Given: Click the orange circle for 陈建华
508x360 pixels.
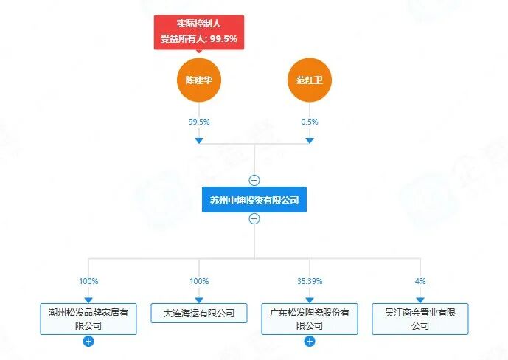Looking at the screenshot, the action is click(x=199, y=80).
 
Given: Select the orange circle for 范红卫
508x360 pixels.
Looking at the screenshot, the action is click(x=310, y=80).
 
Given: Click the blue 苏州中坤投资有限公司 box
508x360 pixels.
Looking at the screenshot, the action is click(x=254, y=199).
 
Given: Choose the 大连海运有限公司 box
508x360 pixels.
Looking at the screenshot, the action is click(x=199, y=313).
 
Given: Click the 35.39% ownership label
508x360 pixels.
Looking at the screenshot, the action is click(x=310, y=281).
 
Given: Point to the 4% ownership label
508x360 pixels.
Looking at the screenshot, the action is click(x=420, y=281).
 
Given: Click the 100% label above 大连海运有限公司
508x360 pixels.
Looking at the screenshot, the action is click(x=199, y=281).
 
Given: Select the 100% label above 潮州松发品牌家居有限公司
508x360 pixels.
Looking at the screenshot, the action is click(x=88, y=281).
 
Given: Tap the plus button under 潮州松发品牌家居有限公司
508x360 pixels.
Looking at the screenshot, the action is click(x=88, y=342).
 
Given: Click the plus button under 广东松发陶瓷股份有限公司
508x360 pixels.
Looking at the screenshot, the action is click(x=310, y=342).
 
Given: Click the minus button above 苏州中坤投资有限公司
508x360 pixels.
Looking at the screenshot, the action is click(x=254, y=180).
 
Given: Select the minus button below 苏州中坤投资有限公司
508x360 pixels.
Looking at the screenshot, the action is click(x=254, y=218).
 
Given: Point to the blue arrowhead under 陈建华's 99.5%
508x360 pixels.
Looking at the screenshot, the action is click(x=199, y=140).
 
